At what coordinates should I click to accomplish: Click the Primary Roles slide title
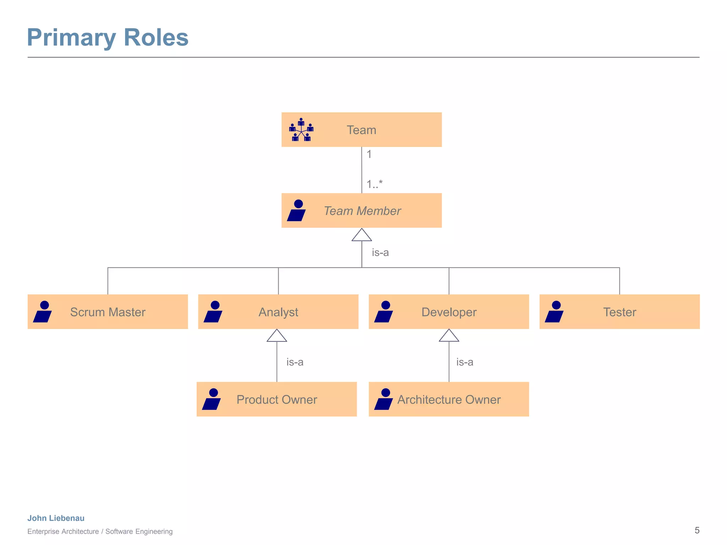[108, 38]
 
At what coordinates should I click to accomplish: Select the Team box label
[361, 130]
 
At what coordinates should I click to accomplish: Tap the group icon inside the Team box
[301, 130]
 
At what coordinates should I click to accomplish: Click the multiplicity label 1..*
[374, 184]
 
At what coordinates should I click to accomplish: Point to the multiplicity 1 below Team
[369, 154]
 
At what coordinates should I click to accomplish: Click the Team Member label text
[362, 211]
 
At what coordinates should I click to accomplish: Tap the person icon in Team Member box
[296, 210]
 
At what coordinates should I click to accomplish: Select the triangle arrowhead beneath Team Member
[361, 235]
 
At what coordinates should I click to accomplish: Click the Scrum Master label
[108, 312]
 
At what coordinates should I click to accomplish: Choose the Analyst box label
[278, 312]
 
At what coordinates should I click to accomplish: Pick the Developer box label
[449, 312]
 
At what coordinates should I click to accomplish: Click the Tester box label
[619, 312]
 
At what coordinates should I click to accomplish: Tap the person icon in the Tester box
[554, 312]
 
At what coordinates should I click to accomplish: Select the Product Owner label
[277, 400]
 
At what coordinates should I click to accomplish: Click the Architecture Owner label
[449, 400]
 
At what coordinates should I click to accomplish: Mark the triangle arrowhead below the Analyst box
[277, 336]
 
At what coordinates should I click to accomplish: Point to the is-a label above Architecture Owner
[464, 362]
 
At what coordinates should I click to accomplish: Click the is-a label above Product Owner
[295, 362]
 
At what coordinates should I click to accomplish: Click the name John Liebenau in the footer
[56, 518]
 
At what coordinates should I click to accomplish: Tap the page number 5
[697, 530]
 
